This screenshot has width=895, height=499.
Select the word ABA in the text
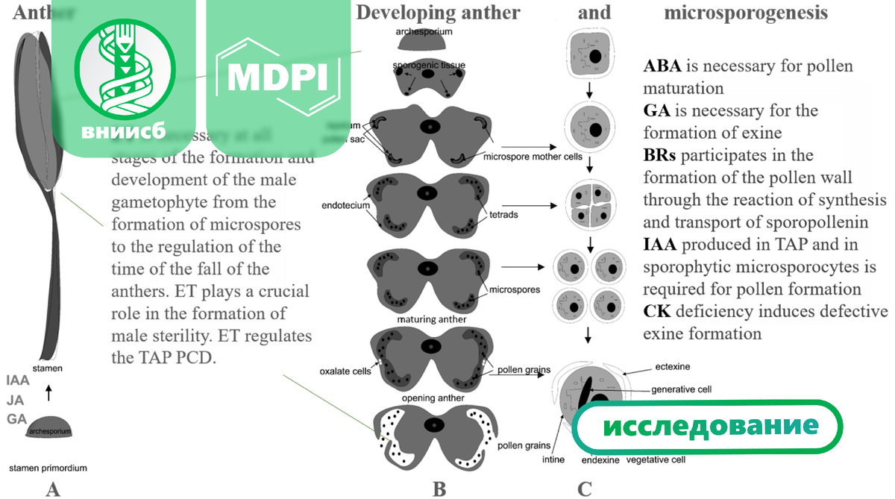pyautogui.click(x=662, y=66)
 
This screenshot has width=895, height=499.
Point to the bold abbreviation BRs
pyautogui.click(x=660, y=156)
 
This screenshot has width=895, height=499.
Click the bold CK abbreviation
pyautogui.click(x=656, y=311)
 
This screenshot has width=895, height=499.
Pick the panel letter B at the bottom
pyautogui.click(x=439, y=489)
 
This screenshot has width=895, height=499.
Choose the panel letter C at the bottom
pyautogui.click(x=585, y=489)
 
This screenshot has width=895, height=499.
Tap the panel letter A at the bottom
pyautogui.click(x=52, y=489)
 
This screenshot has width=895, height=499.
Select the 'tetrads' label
pyautogui.click(x=503, y=214)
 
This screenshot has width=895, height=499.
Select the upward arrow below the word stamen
pyautogui.click(x=49, y=392)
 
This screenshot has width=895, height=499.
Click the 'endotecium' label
pyautogui.click(x=346, y=205)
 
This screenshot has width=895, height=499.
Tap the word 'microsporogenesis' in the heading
pyautogui.click(x=745, y=13)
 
